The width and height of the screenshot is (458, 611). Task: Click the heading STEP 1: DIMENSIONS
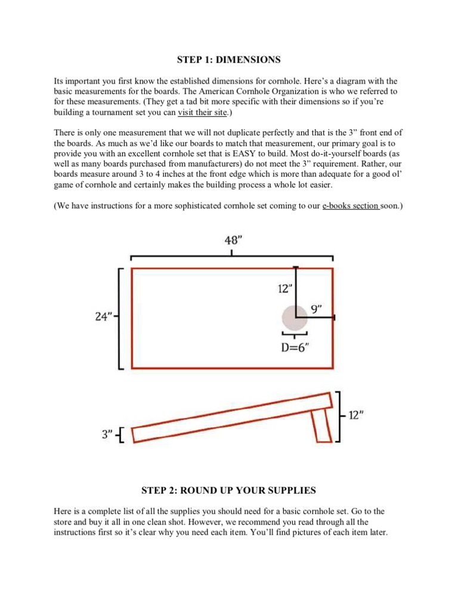click(x=228, y=60)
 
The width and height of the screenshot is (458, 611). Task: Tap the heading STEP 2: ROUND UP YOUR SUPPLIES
click(x=228, y=490)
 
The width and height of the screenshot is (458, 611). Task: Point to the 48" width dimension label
click(x=233, y=240)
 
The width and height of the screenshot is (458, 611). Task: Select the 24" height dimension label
click(x=104, y=317)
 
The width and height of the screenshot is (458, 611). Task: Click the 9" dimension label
click(x=316, y=308)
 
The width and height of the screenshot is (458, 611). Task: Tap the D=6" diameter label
click(x=295, y=347)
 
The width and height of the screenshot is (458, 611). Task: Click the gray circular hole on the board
click(x=295, y=318)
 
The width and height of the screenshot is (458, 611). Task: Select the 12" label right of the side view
click(x=357, y=415)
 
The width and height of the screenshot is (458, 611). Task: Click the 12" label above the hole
click(x=285, y=289)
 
